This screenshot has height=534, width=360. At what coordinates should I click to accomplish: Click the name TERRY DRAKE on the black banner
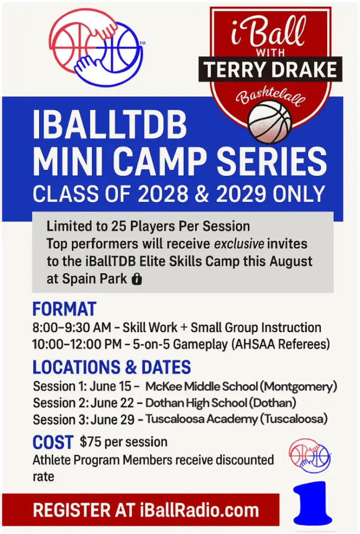(x=271, y=69)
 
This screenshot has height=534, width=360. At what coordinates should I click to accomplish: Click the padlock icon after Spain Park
(x=137, y=279)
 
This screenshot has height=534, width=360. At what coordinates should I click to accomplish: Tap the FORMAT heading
(x=64, y=309)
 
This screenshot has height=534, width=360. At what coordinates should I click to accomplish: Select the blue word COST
(x=53, y=442)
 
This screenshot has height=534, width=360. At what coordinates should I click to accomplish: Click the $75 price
(x=91, y=442)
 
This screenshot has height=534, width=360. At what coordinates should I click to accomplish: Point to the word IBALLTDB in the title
(x=110, y=125)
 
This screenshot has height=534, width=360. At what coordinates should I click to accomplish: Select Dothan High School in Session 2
(x=196, y=403)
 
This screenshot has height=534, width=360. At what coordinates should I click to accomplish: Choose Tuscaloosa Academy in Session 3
(x=201, y=419)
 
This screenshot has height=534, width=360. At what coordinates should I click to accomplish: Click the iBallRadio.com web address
(x=199, y=510)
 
